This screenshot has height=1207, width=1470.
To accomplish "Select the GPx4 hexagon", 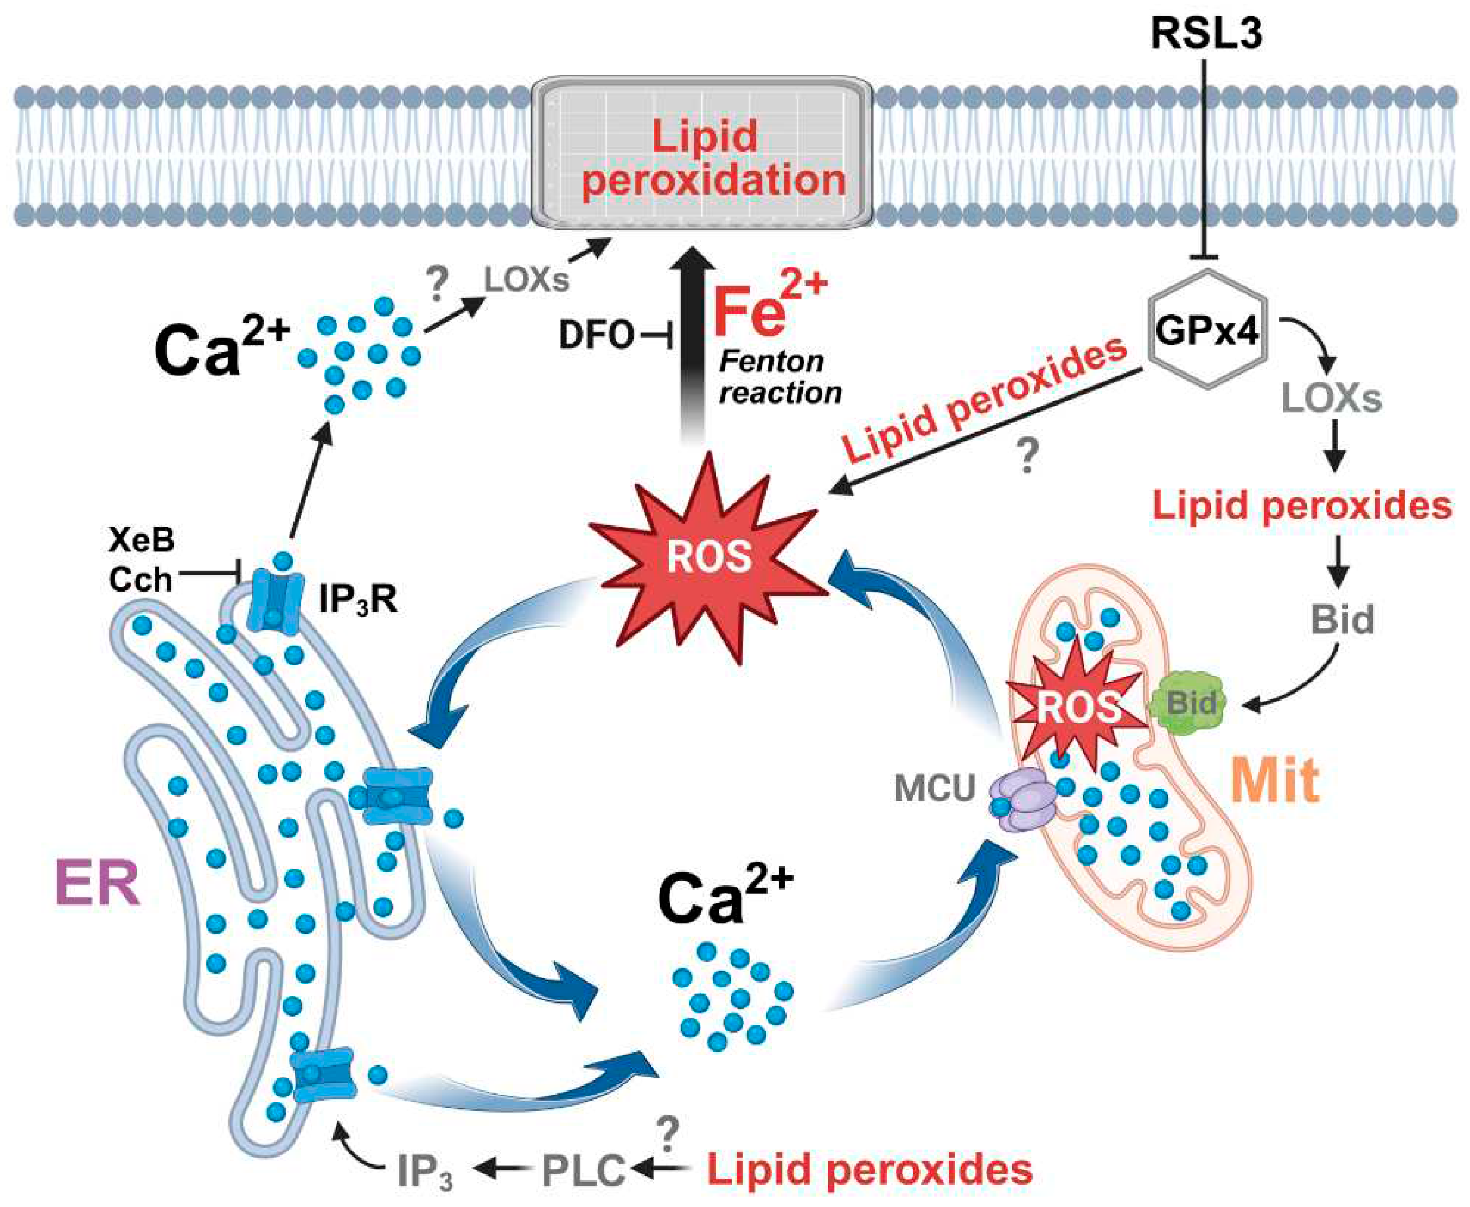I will pos(1206,330).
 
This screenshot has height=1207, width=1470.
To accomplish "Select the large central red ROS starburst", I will pos(710,556).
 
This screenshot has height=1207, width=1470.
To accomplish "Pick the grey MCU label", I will pos(935,788).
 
